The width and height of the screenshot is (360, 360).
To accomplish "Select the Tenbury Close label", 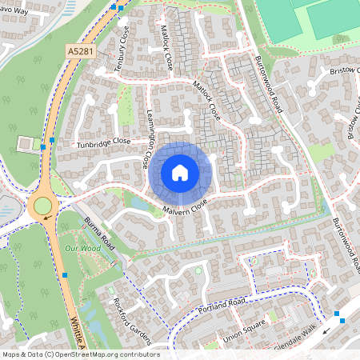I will point(122,54).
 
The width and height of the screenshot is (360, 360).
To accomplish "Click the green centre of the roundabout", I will point(42,207).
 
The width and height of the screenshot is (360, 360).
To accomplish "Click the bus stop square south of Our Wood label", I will point(66,276).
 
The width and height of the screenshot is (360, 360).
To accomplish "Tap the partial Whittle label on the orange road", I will point(80,330).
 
